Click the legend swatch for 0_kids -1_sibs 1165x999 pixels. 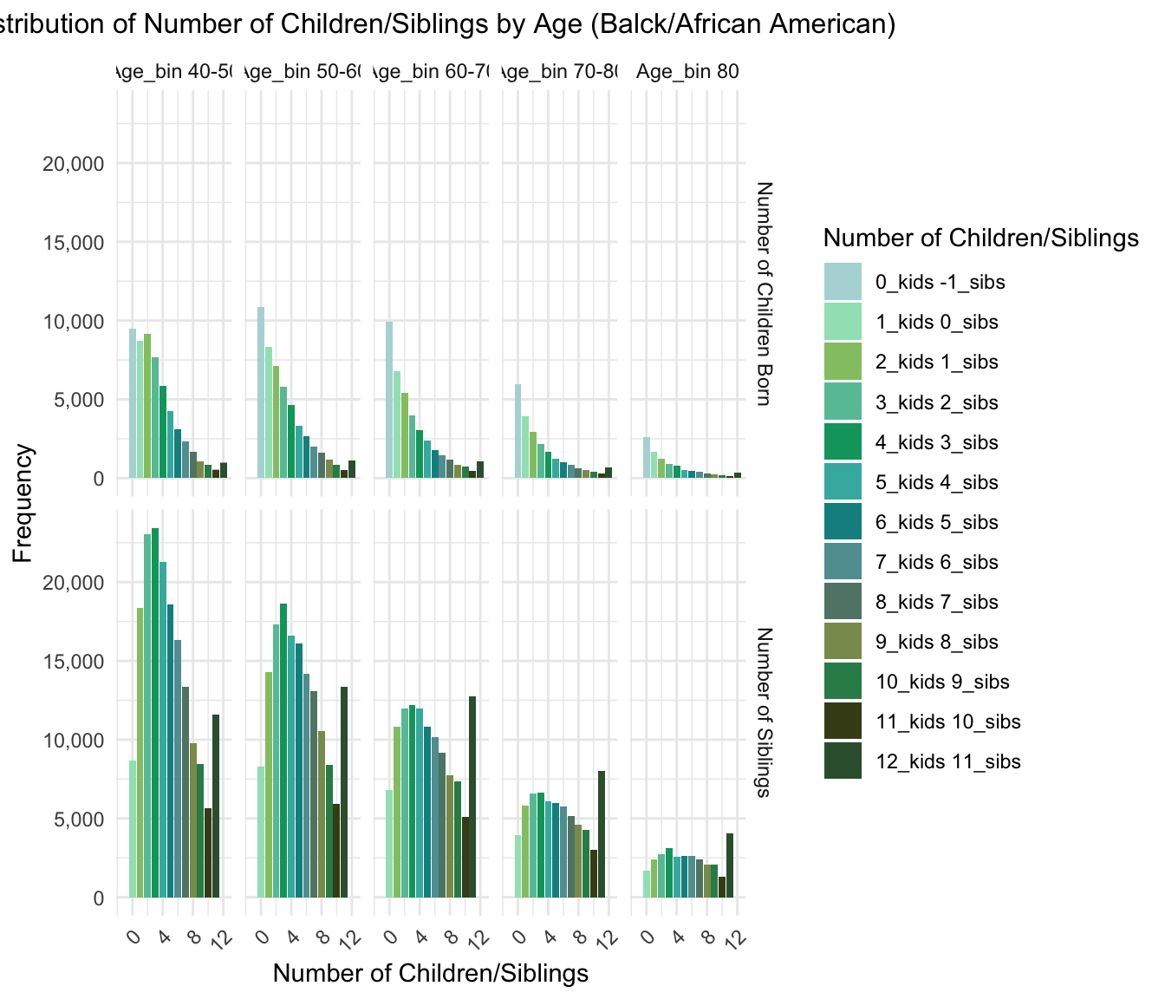click(x=843, y=282)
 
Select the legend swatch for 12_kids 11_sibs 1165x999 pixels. click(x=843, y=761)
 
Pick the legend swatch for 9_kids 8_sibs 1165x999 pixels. click(x=843, y=642)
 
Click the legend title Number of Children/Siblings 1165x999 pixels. click(x=980, y=238)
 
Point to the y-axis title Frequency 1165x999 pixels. click(x=23, y=503)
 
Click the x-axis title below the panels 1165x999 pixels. click(x=431, y=973)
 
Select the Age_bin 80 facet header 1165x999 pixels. click(x=687, y=71)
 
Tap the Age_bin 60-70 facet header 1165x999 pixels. click(x=432, y=71)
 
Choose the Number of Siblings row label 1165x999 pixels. click(x=764, y=711)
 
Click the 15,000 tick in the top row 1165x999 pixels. click(x=74, y=243)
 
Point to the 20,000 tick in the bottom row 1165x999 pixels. click(x=74, y=583)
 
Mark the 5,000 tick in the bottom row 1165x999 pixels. click(x=74, y=819)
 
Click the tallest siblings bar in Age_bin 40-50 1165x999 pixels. click(x=155, y=711)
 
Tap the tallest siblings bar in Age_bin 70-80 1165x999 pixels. click(x=602, y=833)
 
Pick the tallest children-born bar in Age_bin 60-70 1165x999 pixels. click(x=389, y=400)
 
